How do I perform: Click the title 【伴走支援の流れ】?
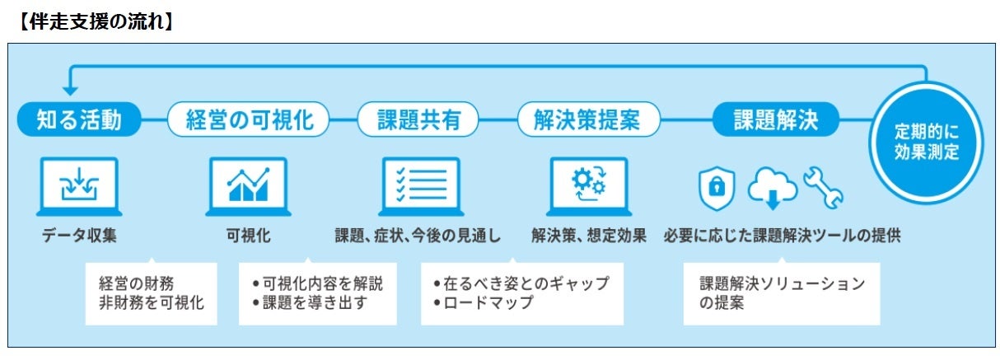96,21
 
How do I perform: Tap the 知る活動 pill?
79,119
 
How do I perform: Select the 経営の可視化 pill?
248,119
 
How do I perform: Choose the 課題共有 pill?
418,119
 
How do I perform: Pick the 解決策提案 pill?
588,119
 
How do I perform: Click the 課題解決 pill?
776,119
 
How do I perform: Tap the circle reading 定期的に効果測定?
927,143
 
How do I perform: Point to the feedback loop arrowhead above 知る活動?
70,91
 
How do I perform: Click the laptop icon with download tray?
79,187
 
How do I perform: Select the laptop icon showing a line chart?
248,187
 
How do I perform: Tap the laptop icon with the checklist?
421,187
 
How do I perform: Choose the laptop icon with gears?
589,187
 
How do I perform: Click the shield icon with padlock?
717,188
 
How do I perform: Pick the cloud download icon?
773,188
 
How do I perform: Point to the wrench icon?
823,188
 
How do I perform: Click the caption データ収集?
79,235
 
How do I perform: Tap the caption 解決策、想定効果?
589,235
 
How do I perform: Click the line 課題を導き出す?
315,303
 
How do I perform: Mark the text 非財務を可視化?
152,303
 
